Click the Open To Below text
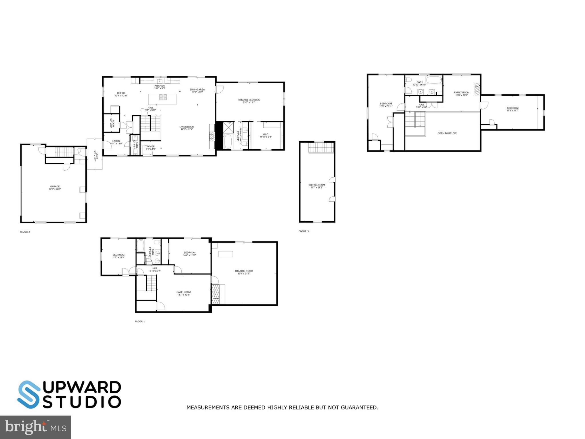pyautogui.click(x=447, y=133)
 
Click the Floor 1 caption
pyautogui.click(x=140, y=321)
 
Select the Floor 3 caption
pyautogui.click(x=304, y=231)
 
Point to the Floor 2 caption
pyautogui.click(x=25, y=232)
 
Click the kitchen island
pyautogui.click(x=162, y=99)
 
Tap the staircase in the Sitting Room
pyautogui.click(x=321, y=148)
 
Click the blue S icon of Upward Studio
pyautogui.click(x=29, y=394)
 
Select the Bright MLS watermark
pyautogui.click(x=35, y=427)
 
